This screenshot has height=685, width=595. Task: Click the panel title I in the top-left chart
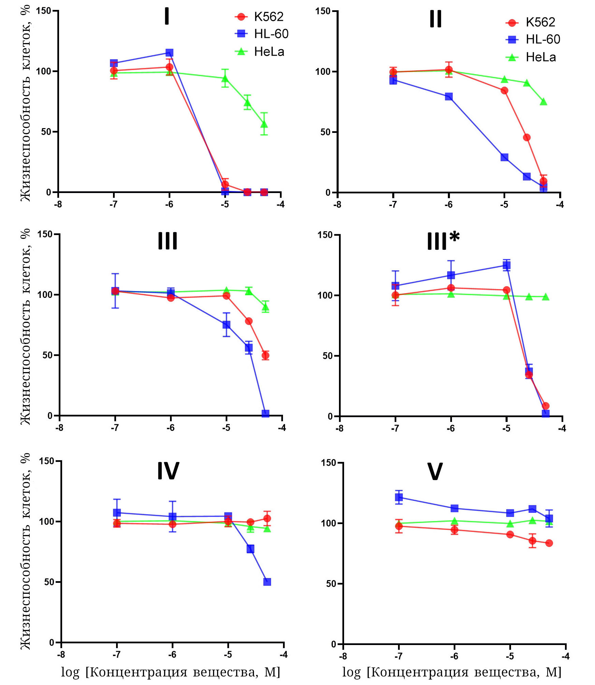pos(167,16)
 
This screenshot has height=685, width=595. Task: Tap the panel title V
pos(435,472)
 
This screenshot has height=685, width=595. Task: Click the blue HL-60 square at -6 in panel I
pos(169,53)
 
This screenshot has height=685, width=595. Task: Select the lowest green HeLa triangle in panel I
pos(264,124)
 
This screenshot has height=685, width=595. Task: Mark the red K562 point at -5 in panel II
pos(504,91)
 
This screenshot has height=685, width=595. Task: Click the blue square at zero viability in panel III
pos(265,414)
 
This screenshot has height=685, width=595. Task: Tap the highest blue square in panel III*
pos(507,265)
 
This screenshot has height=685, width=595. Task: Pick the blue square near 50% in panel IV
pos(267,582)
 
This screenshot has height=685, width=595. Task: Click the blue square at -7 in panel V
pos(399,497)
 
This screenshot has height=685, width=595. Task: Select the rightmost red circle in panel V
pos(549,543)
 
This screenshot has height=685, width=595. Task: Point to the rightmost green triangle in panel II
pos(543,102)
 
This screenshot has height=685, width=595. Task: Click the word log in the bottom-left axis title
pos(70,672)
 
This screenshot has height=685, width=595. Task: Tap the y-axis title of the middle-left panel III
pos(26,327)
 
